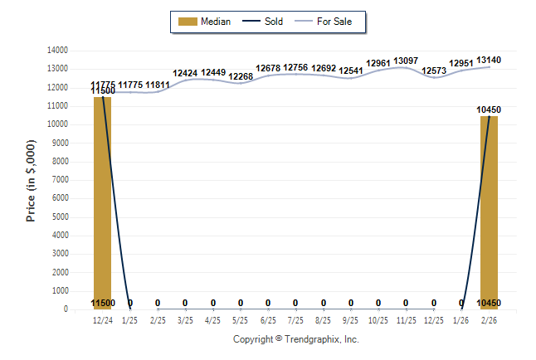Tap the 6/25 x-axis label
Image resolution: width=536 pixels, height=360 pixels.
click(268, 320)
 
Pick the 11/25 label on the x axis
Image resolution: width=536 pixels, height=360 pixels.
click(406, 320)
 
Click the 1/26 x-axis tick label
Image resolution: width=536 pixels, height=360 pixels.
click(461, 320)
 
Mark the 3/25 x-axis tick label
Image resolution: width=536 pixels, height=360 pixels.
click(185, 320)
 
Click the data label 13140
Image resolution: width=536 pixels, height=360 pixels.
click(489, 60)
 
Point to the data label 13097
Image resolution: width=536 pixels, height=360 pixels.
click(406, 61)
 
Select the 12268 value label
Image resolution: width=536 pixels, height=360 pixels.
click(241, 76)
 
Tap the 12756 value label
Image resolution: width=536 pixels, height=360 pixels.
click(295, 67)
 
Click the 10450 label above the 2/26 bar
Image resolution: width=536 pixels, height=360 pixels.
click(489, 109)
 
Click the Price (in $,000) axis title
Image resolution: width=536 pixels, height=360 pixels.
click(32, 180)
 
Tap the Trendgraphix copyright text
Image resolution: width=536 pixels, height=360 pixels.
click(295, 339)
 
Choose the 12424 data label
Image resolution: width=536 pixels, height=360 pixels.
click(185, 73)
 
